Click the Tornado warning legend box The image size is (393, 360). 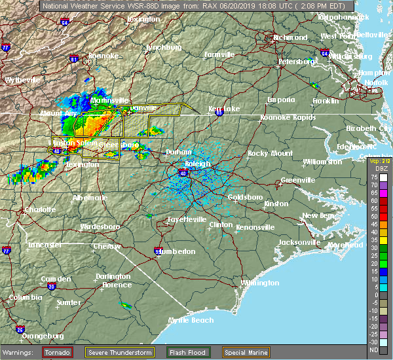coord(58,352)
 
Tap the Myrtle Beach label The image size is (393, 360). coord(191,320)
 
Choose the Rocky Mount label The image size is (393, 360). coord(266,153)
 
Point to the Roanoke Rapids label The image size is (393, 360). coord(288,117)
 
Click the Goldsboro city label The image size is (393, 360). coord(244,197)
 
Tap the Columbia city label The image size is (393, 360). coord(21,297)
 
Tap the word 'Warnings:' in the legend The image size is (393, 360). coord(20,352)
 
